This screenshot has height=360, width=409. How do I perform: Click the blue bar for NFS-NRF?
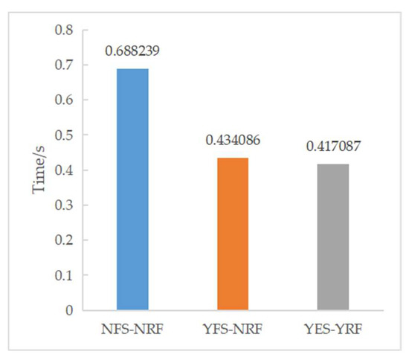click(132, 190)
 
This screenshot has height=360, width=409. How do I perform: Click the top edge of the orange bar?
click(232, 158)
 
